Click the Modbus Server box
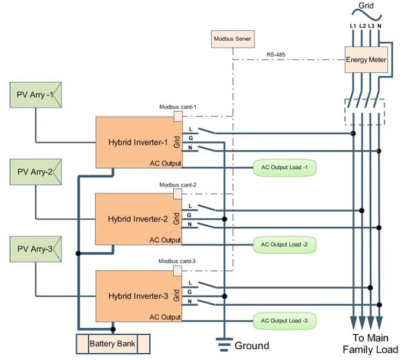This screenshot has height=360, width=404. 233,39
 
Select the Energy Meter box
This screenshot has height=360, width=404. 366,60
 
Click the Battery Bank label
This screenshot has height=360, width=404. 112,343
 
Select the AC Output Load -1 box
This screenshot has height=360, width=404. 285,168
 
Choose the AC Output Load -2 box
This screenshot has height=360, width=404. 285,244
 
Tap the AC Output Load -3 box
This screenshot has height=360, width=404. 285,321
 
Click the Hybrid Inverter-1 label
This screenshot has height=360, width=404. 138,143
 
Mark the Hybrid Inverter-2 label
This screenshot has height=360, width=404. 138,219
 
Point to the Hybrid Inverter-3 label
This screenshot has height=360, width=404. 138,296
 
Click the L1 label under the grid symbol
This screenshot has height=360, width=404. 353,26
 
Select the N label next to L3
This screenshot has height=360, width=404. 380,26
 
